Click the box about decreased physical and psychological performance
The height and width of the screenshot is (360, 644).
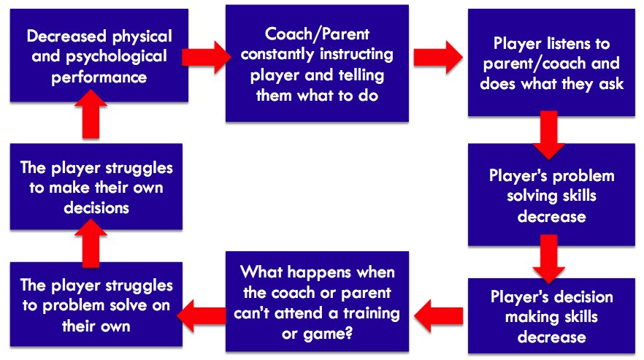(x=99, y=56)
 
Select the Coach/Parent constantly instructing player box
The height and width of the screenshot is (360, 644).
(x=317, y=64)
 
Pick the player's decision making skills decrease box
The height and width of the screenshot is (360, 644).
(x=551, y=317)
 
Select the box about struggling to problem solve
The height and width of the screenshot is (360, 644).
(x=96, y=304)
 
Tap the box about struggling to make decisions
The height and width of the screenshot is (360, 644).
(x=96, y=188)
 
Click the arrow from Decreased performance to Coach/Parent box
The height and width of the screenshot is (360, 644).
(x=207, y=57)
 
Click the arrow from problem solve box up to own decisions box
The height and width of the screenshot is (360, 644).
(x=91, y=246)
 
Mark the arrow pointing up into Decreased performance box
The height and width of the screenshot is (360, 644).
(x=91, y=119)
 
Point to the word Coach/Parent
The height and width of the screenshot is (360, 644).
(x=317, y=34)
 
